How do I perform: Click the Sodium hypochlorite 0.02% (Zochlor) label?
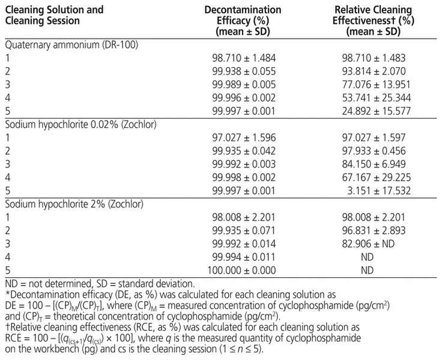point(80,124)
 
